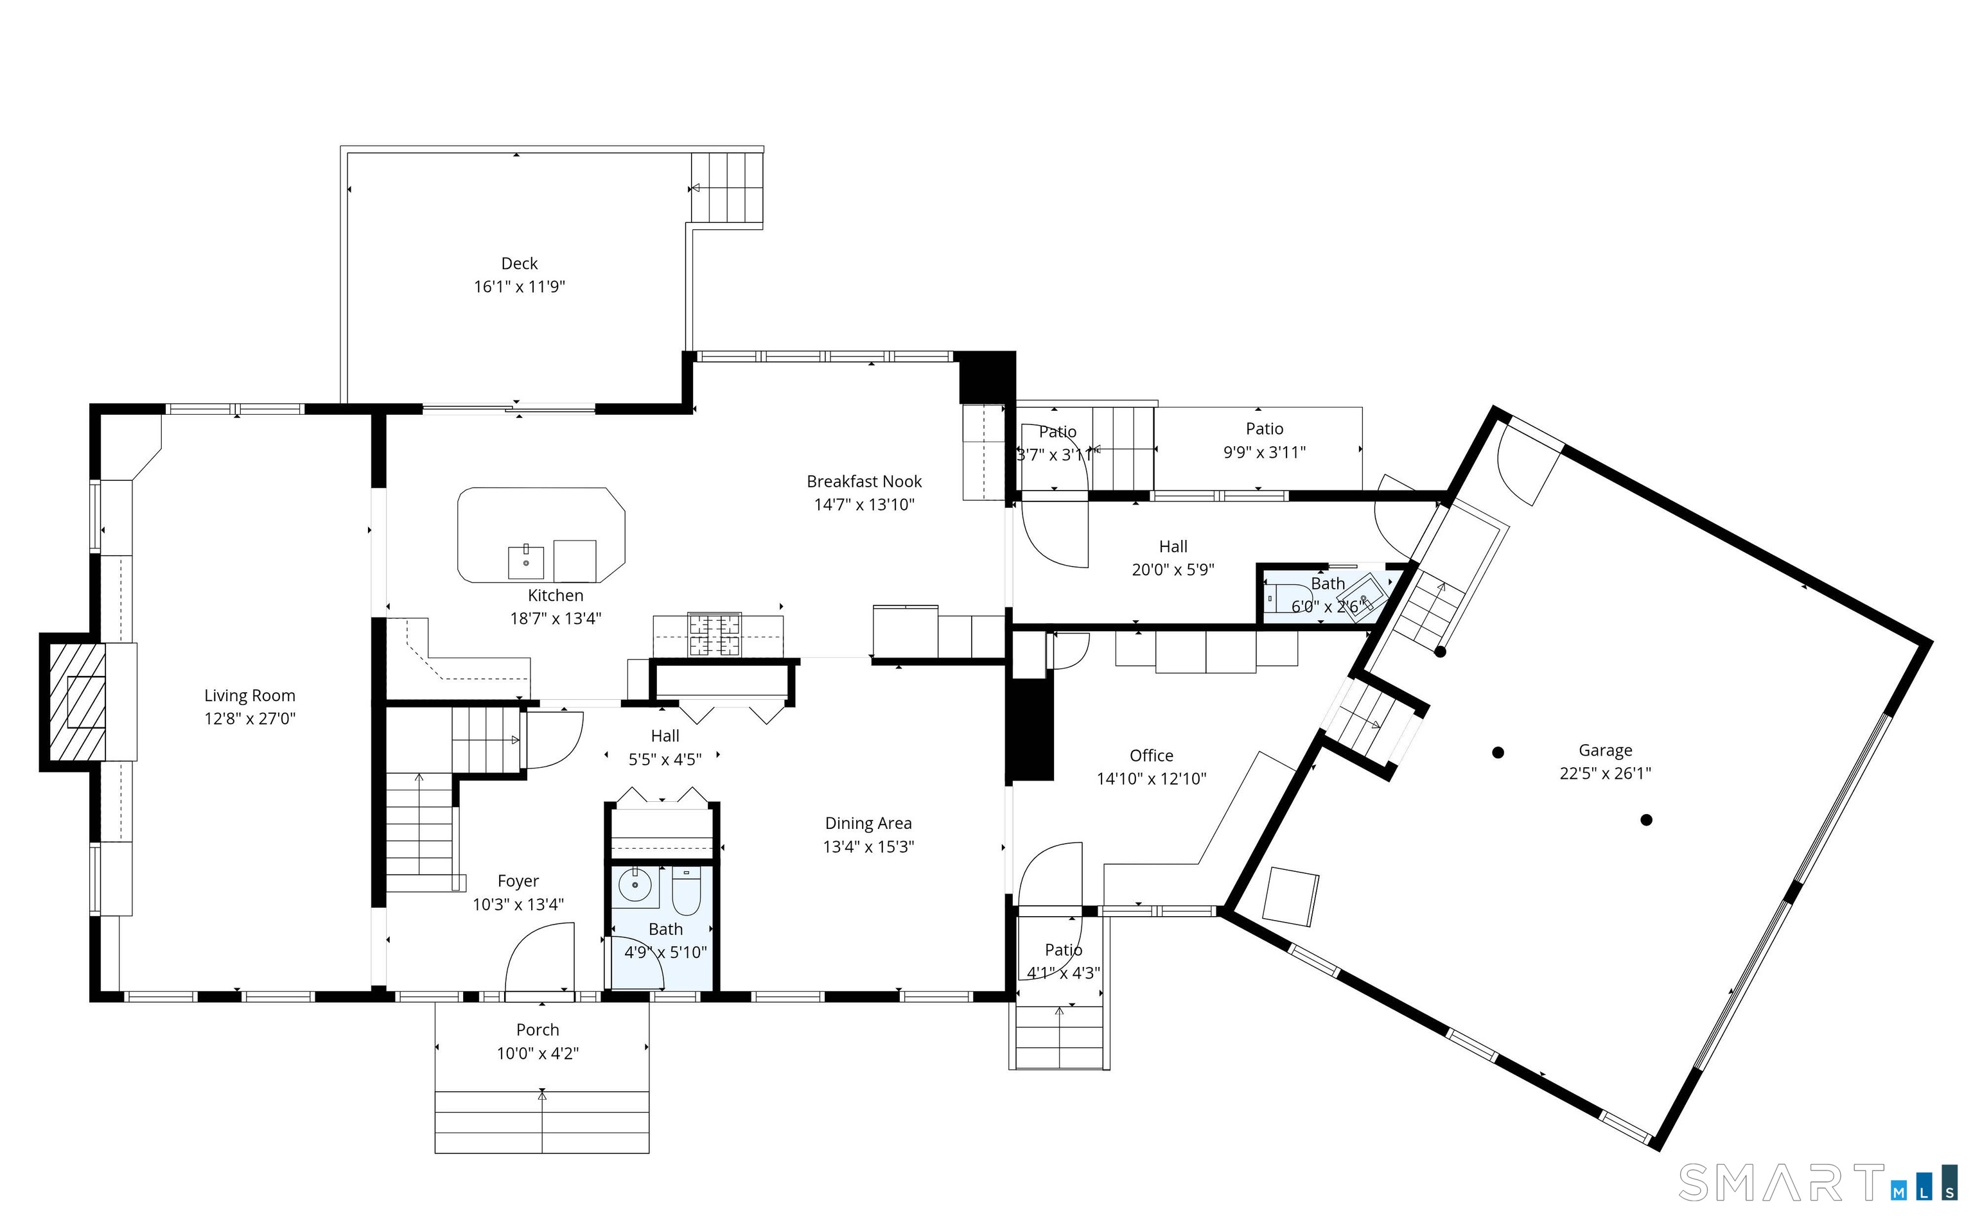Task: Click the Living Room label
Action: (x=249, y=696)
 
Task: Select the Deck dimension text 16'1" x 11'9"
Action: (x=520, y=287)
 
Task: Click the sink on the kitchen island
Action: (x=526, y=562)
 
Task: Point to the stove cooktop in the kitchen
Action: (x=714, y=634)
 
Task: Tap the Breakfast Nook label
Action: (x=864, y=482)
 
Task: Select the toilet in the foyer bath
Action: (x=686, y=892)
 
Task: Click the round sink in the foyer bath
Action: (x=635, y=885)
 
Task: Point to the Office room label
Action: (x=1151, y=756)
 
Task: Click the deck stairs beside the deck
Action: (x=727, y=187)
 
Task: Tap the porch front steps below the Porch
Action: (x=541, y=1122)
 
